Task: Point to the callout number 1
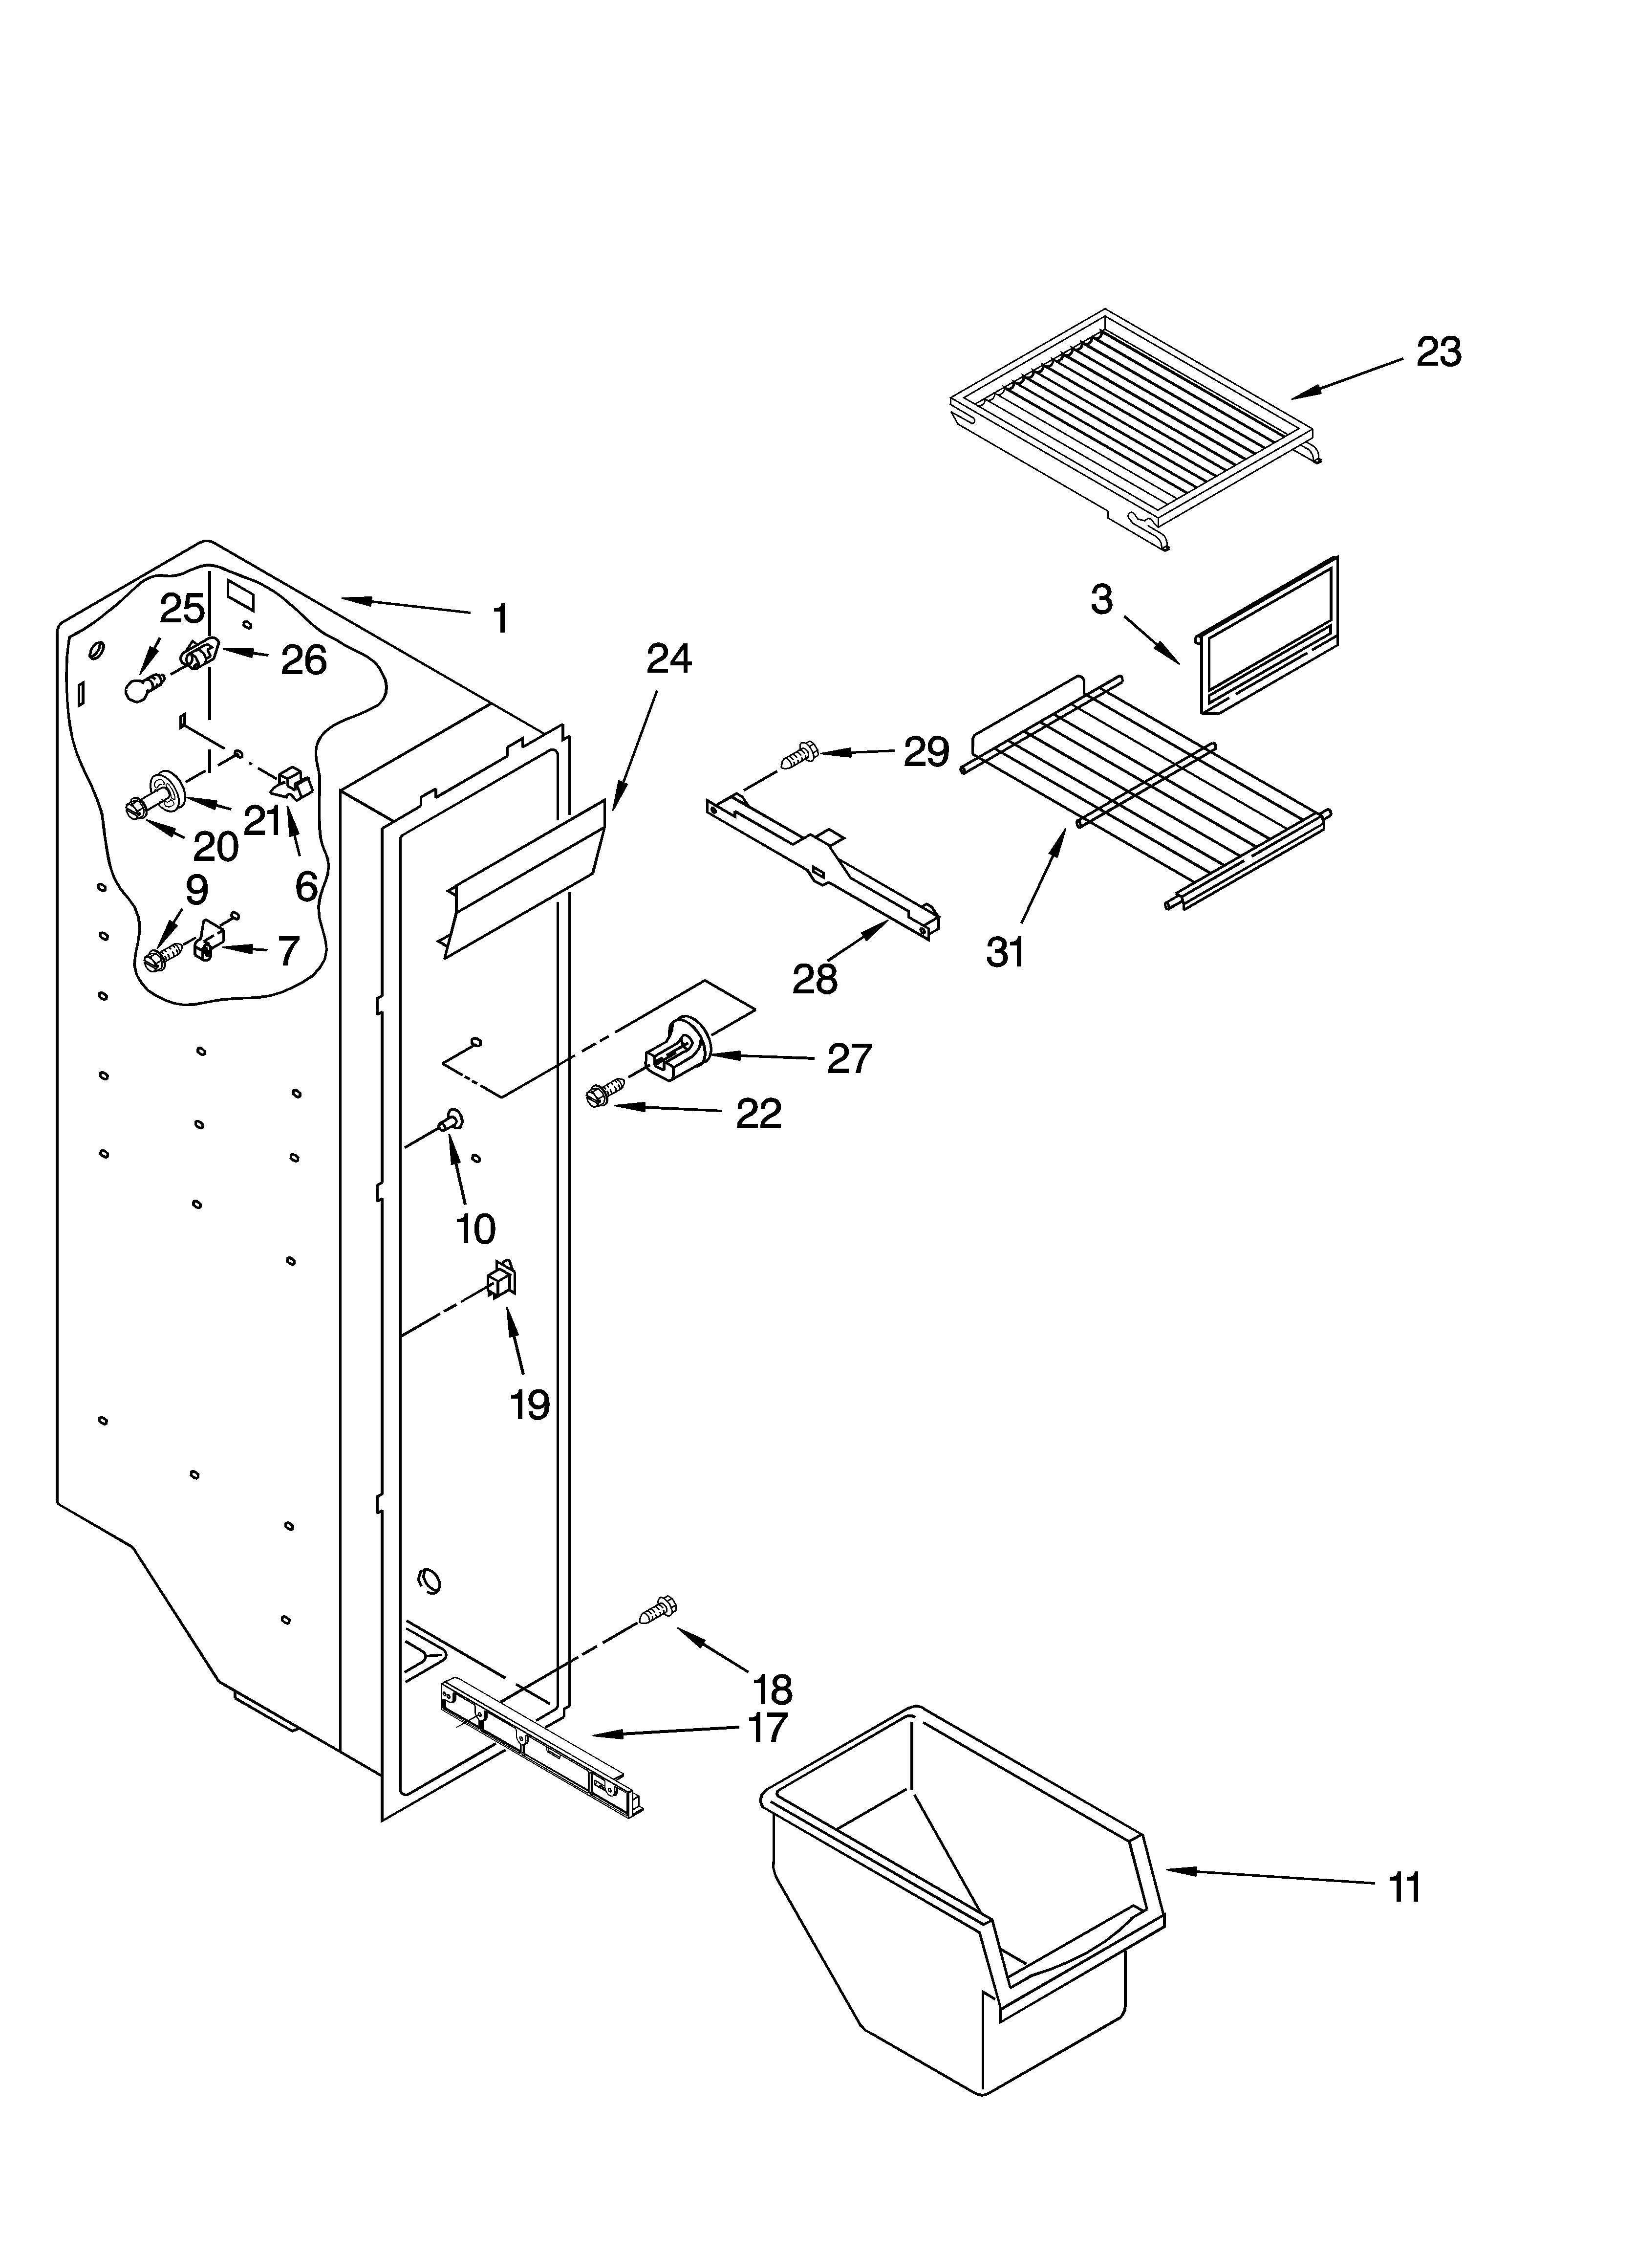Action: (501, 619)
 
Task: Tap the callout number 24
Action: (668, 658)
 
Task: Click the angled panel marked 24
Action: (523, 877)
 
